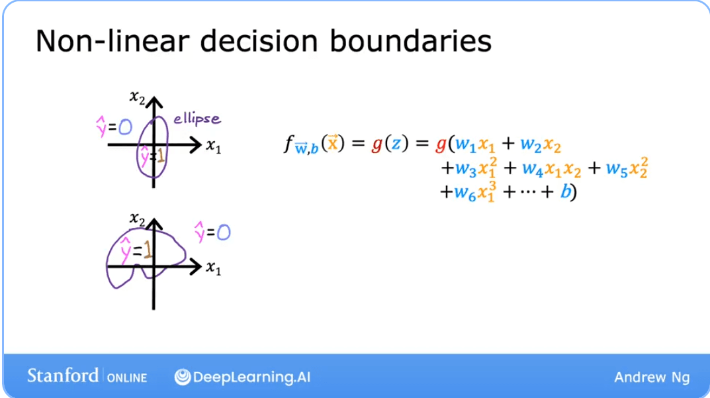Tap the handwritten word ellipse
(197, 119)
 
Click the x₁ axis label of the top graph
(213, 146)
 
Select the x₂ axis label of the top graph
(137, 98)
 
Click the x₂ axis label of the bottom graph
(138, 219)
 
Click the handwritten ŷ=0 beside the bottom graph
(212, 232)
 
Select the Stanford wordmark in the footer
(63, 376)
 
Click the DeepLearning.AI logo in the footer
(242, 377)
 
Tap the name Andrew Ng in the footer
(651, 377)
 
